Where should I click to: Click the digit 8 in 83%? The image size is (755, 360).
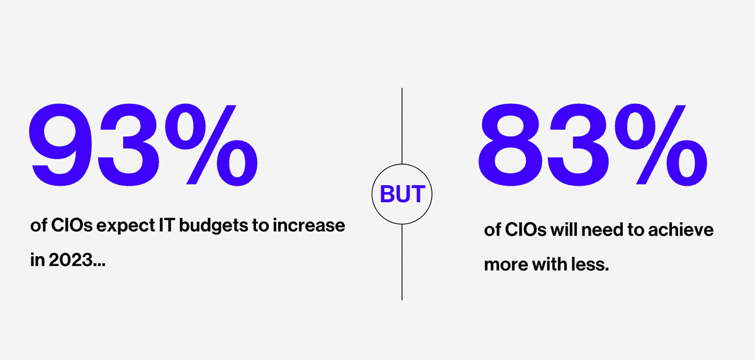513,143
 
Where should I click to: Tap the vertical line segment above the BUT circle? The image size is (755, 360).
402,126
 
